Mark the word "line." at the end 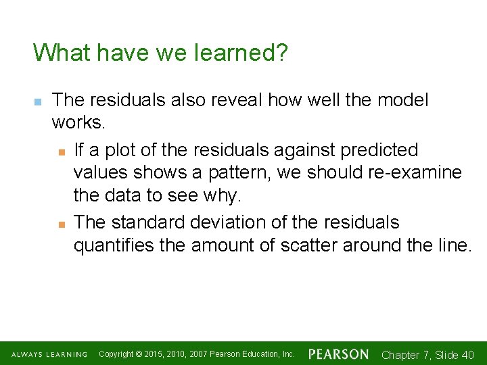coord(453,246)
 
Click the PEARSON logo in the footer coord(339,354)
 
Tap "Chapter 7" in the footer coord(405,355)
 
